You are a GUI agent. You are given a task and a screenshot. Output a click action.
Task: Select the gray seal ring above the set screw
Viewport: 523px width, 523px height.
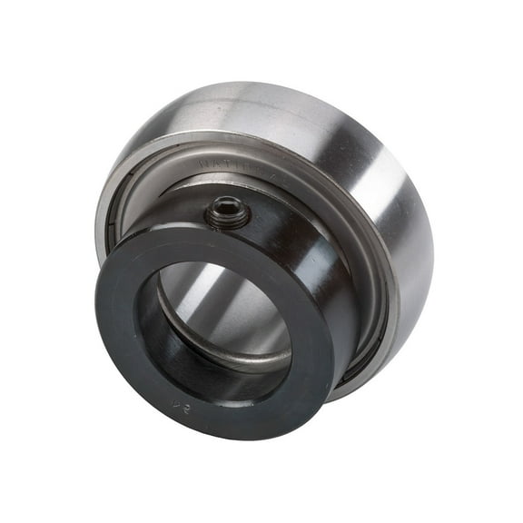pyautogui.click(x=272, y=173)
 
